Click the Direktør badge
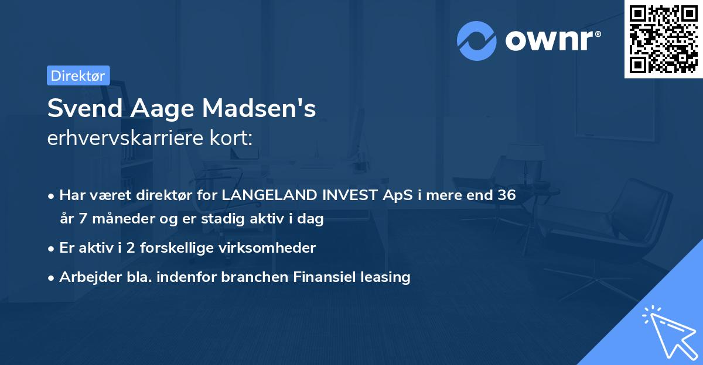78,75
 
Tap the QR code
663,39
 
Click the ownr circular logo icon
477,41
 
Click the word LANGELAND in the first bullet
270,195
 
